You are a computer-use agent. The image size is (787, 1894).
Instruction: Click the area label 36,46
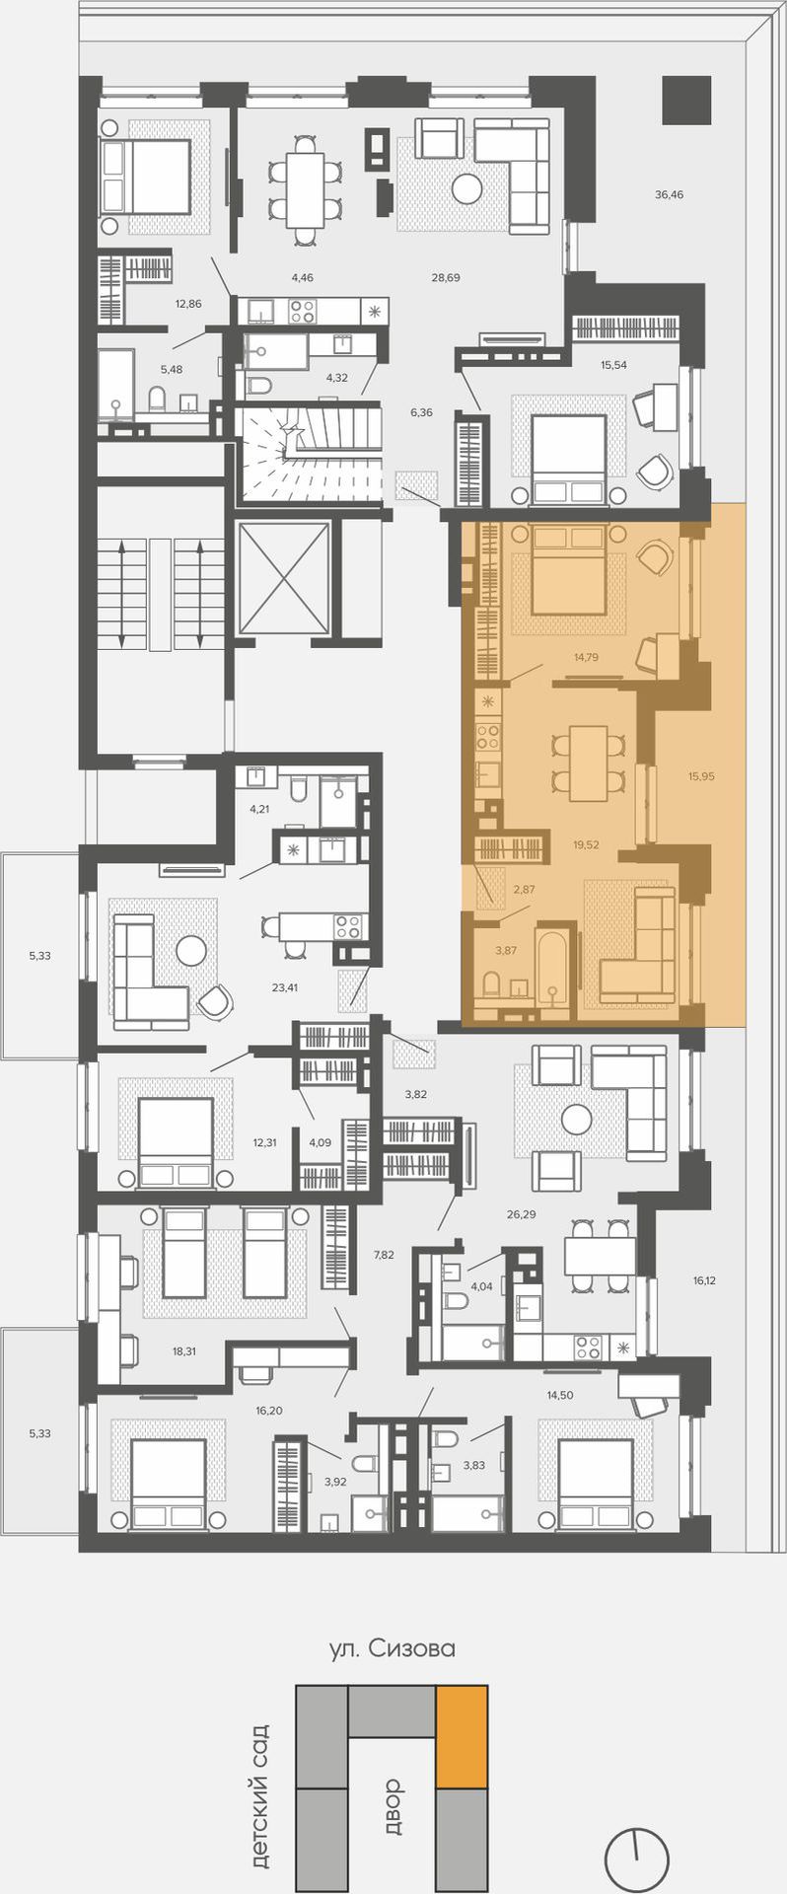669,195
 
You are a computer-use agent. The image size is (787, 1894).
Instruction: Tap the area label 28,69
446,278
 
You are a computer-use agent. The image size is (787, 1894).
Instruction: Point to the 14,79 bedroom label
586,657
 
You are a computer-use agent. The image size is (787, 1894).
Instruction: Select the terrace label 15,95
701,776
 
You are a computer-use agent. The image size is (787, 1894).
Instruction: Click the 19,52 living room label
586,844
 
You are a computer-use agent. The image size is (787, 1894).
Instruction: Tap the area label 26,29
521,1214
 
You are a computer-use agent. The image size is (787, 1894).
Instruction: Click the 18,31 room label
184,1351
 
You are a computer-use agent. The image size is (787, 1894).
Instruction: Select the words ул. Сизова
393,1648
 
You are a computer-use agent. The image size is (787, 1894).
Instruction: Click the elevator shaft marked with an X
283,577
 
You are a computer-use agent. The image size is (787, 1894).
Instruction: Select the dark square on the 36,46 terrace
686,100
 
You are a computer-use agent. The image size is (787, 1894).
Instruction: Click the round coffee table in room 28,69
466,187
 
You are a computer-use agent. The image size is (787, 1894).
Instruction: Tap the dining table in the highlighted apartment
588,763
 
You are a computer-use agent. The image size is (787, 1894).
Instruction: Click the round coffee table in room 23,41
190,950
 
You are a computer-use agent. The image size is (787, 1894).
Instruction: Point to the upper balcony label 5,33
39,956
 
